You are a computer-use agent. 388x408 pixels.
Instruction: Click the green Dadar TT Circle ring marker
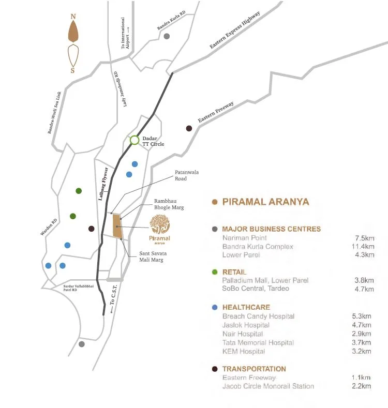[135, 140]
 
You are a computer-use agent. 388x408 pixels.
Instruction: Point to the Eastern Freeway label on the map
[216, 112]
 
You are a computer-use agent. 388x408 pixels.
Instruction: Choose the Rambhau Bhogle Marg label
[169, 204]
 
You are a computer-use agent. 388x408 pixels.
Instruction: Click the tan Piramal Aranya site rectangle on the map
[117, 226]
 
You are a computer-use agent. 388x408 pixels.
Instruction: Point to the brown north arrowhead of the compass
[73, 32]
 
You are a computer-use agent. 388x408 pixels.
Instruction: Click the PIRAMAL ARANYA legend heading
[265, 202]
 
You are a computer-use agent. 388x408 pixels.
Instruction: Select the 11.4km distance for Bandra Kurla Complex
[362, 247]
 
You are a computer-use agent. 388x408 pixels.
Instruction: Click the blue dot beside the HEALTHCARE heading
[215, 307]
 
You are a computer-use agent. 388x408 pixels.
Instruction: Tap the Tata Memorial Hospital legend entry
[258, 342]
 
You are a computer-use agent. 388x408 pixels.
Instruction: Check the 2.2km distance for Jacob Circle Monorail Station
[363, 386]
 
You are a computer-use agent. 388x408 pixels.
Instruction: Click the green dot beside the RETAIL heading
[215, 272]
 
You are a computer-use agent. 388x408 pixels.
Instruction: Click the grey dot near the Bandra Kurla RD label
[167, 36]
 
